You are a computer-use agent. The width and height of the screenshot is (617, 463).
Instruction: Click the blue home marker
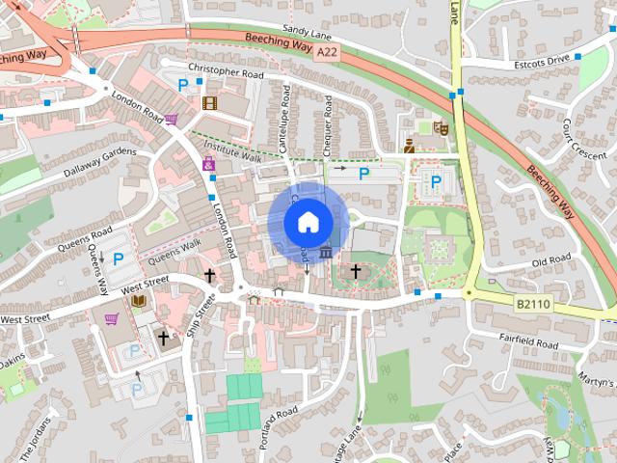tap(307, 222)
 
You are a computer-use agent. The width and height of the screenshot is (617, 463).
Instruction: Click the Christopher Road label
tap(225, 70)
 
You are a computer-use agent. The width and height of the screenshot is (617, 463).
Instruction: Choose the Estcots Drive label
tap(543, 59)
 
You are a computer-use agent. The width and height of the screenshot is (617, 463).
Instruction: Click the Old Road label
tap(551, 262)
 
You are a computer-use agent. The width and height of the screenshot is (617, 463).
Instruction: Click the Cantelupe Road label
tap(285, 123)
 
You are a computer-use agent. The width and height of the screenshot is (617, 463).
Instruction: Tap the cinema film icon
tap(209, 102)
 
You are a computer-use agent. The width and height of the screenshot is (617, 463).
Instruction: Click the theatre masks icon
tap(442, 126)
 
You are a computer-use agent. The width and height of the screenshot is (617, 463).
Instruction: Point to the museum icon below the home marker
tap(326, 253)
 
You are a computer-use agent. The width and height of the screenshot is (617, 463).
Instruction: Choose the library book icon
tap(139, 301)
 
